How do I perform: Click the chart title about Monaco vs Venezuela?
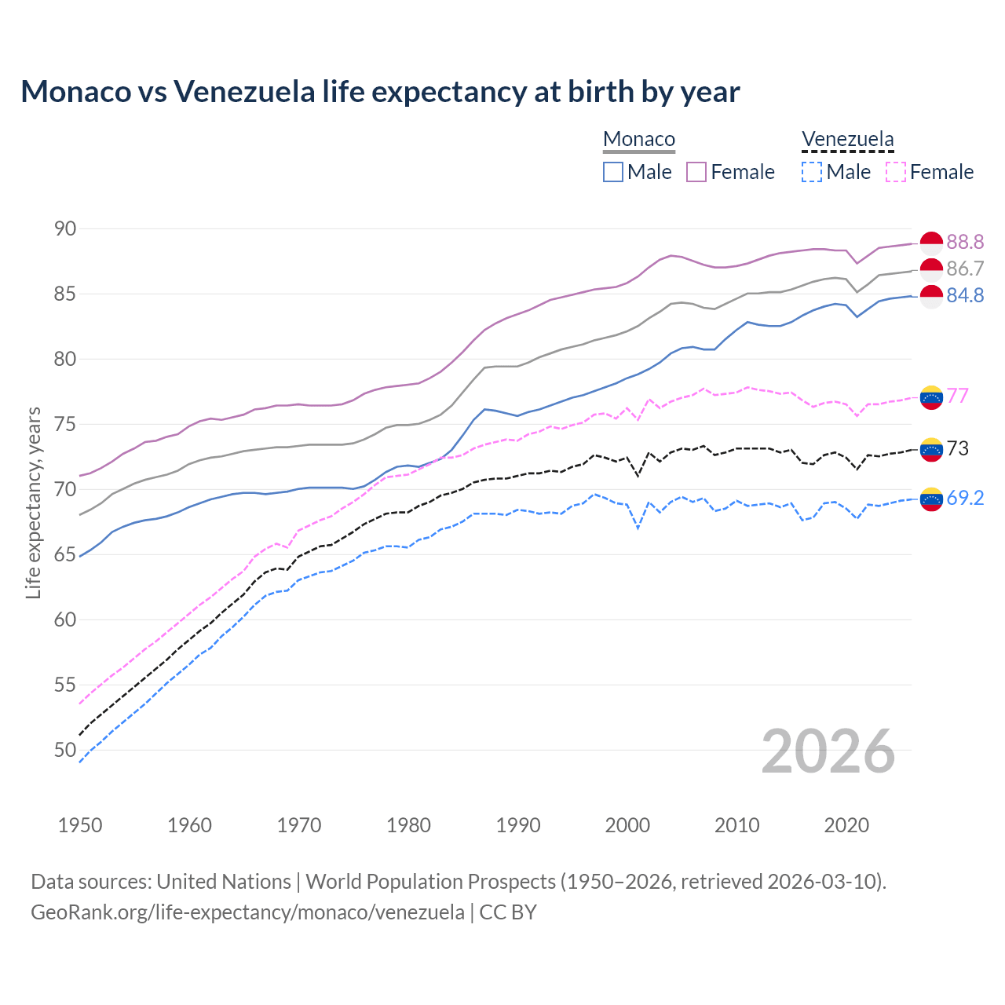(380, 92)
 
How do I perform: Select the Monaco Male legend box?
(613, 172)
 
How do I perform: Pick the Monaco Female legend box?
(696, 172)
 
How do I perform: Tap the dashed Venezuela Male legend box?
(812, 172)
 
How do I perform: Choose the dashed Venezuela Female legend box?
(895, 172)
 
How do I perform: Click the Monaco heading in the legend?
(639, 140)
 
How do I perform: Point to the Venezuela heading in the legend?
(847, 140)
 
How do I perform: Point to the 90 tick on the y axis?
(65, 228)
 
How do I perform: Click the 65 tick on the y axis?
(65, 554)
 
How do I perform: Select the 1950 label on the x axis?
(80, 825)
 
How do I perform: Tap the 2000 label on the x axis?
(627, 825)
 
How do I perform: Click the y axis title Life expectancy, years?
(33, 502)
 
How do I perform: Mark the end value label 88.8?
(965, 242)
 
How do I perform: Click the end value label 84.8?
(965, 295)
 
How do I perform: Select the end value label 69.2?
(965, 498)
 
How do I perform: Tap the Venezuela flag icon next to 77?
(931, 397)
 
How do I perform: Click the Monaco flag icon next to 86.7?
(931, 269)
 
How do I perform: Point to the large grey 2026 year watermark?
(828, 751)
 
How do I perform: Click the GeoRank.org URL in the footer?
(247, 912)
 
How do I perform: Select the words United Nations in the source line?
(224, 882)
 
